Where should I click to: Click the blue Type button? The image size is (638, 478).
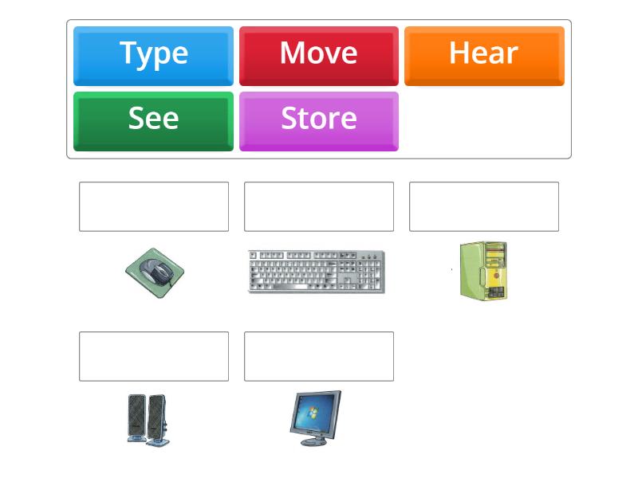click(x=153, y=56)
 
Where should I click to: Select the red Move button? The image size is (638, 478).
click(x=319, y=56)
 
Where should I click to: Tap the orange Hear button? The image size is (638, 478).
click(x=484, y=56)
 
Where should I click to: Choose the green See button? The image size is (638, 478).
click(x=153, y=122)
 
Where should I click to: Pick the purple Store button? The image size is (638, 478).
click(x=319, y=122)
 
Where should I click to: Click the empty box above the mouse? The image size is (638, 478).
click(x=154, y=206)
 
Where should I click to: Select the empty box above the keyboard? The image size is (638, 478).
click(x=319, y=206)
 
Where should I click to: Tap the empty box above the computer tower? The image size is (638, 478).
click(x=484, y=206)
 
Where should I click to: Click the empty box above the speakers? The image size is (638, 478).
click(x=154, y=356)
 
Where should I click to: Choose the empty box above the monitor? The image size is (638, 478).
click(x=319, y=356)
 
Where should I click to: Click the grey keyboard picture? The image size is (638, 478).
click(x=316, y=272)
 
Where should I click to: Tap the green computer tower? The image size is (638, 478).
click(x=484, y=271)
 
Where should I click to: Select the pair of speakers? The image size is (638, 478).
click(x=148, y=421)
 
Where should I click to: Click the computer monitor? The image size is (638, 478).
click(x=316, y=418)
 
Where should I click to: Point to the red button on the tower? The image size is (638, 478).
click(x=496, y=276)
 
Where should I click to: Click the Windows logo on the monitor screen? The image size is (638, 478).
click(x=312, y=413)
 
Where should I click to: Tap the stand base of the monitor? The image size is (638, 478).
click(x=313, y=442)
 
